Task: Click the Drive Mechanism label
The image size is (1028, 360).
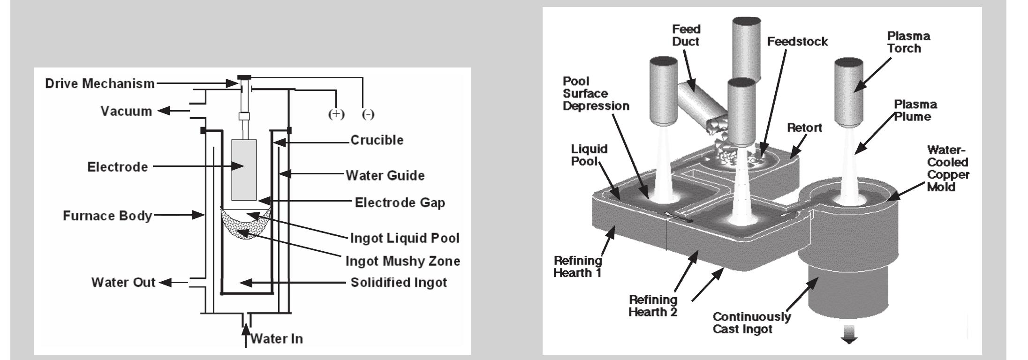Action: (x=100, y=84)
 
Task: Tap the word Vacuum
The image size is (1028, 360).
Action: (x=126, y=112)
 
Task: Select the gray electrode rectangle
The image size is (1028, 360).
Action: (x=244, y=170)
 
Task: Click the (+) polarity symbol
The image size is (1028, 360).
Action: (x=336, y=114)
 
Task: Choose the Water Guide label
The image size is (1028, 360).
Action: (x=385, y=175)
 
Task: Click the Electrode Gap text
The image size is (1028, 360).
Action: (x=400, y=203)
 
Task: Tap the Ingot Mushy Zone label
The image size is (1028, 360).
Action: (x=402, y=261)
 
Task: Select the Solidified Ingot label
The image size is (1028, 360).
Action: (x=399, y=283)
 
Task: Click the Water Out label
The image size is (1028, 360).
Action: (x=123, y=283)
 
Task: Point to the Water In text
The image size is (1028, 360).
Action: (x=276, y=338)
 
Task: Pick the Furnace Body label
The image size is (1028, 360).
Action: (x=107, y=216)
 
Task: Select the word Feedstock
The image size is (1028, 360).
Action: (x=797, y=42)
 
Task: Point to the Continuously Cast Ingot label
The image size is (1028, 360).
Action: (x=751, y=322)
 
